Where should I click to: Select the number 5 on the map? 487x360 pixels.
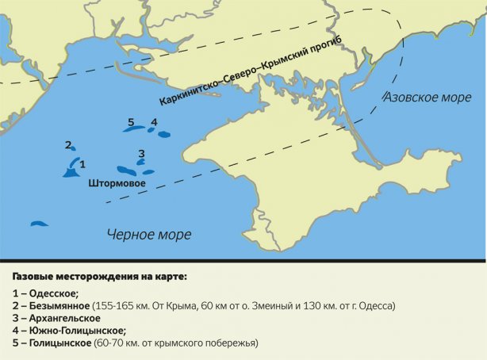pyautogui.click(x=131, y=121)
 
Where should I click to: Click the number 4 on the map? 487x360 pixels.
pyautogui.click(x=154, y=122)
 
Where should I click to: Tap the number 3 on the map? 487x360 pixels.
pyautogui.click(x=141, y=153)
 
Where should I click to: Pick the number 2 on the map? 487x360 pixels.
pyautogui.click(x=68, y=145)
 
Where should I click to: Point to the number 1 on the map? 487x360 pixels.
pyautogui.click(x=82, y=163)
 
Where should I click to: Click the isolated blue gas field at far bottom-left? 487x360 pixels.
pyautogui.click(x=39, y=224)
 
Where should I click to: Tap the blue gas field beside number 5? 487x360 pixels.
pyautogui.click(x=133, y=129)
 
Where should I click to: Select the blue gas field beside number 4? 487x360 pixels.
pyautogui.click(x=163, y=134)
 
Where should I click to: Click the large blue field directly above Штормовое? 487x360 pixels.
pyautogui.click(x=125, y=170)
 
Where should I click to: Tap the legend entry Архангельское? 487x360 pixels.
pyautogui.click(x=67, y=318)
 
